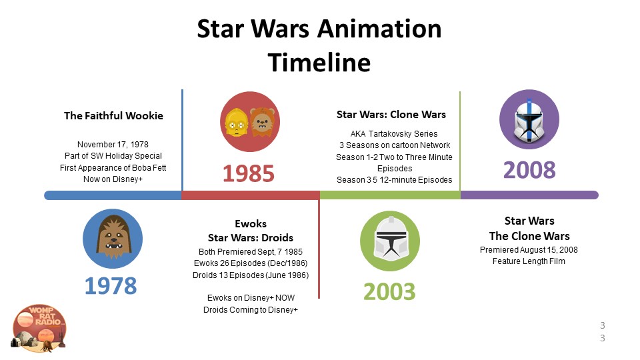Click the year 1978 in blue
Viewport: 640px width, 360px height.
pos(111,286)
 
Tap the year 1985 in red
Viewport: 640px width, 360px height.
pos(249,173)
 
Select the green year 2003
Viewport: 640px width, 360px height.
pos(389,292)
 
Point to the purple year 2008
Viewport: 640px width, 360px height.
pos(529,170)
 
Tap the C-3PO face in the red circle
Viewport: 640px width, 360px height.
pos(236,122)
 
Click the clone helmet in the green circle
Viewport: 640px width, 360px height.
pos(390,239)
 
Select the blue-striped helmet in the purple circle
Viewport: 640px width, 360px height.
pos(529,121)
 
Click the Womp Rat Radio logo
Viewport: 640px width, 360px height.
pos(39,328)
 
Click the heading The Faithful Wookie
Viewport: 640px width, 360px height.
pos(113,116)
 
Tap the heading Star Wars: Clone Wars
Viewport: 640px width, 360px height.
pos(391,115)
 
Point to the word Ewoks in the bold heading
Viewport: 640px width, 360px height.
pos(251,224)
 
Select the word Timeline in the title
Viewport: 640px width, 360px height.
pos(319,63)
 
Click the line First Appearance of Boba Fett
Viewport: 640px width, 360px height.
pos(113,168)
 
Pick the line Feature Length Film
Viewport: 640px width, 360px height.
pos(529,261)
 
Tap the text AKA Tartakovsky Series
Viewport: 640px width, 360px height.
pos(394,134)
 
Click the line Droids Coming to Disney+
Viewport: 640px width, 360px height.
pos(251,310)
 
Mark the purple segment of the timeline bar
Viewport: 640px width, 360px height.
pos(529,195)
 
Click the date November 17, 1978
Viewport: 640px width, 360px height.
pos(113,145)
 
